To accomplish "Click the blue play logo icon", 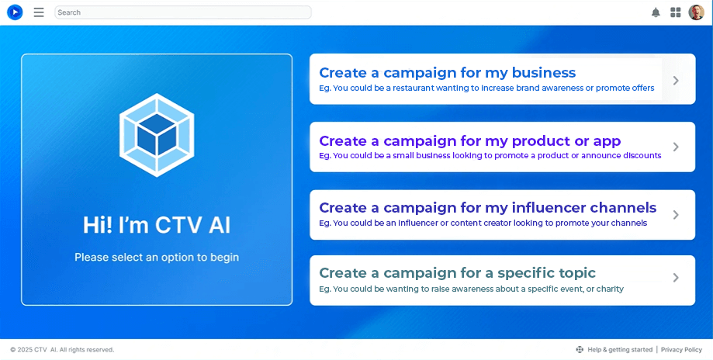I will pyautogui.click(x=15, y=12).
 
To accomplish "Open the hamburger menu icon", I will pyautogui.click(x=39, y=12).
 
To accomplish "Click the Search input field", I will pyautogui.click(x=182, y=12).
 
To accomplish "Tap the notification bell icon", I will pyautogui.click(x=656, y=12).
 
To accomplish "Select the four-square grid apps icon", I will pyautogui.click(x=676, y=12).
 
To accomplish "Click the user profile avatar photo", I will pyautogui.click(x=696, y=12).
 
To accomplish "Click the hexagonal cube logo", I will pyautogui.click(x=157, y=135).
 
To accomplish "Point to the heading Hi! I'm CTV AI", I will pyautogui.click(x=157, y=225).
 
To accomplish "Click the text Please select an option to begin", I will pyautogui.click(x=157, y=257).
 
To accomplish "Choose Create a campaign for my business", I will pyautogui.click(x=447, y=73).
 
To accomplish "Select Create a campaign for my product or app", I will pyautogui.click(x=469, y=141).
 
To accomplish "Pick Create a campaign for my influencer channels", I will pyautogui.click(x=487, y=208).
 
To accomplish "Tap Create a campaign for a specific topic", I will pyautogui.click(x=457, y=273).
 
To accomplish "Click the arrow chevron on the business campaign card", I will pyautogui.click(x=676, y=80).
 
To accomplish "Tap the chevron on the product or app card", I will pyautogui.click(x=676, y=147).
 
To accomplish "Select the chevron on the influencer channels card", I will pyautogui.click(x=676, y=214).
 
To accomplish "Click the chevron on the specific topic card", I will pyautogui.click(x=676, y=278).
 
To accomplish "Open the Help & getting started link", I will pyautogui.click(x=619, y=350).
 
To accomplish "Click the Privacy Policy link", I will pyautogui.click(x=681, y=350).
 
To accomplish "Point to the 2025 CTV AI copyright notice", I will pyautogui.click(x=62, y=350).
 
